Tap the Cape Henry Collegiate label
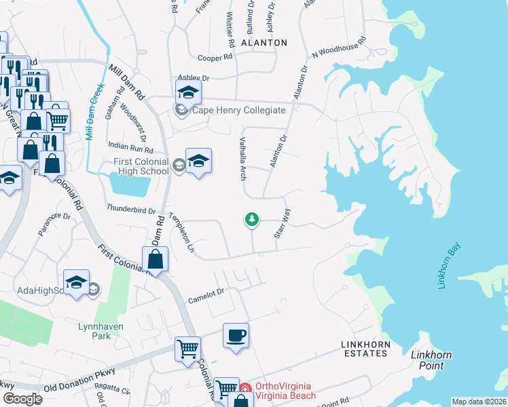pos(240,110)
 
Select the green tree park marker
pos(252,219)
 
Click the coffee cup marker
pos(236,335)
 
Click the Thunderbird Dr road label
pos(131,210)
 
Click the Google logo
pos(22,399)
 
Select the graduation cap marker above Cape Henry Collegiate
pos(188,92)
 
